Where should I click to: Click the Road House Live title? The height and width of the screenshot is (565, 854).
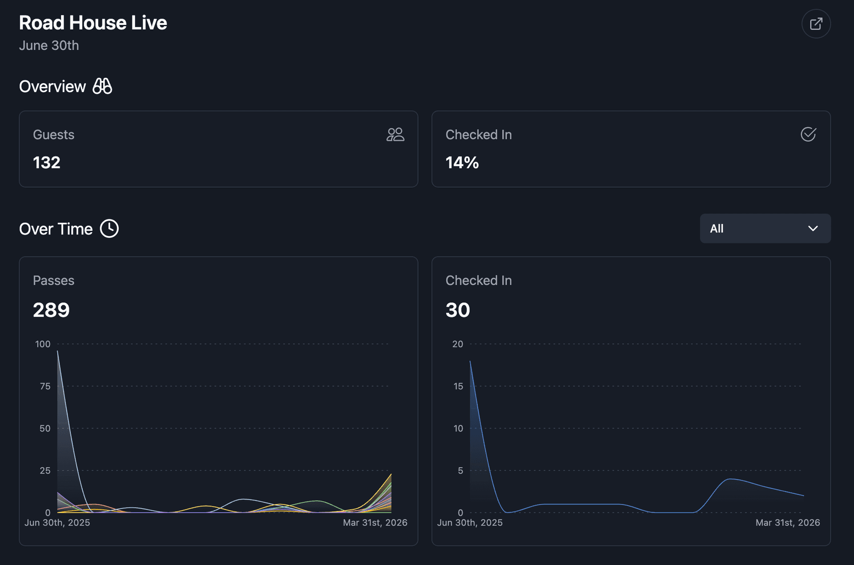click(93, 23)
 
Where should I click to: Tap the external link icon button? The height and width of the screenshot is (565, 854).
click(816, 24)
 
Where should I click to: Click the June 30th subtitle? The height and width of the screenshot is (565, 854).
click(49, 45)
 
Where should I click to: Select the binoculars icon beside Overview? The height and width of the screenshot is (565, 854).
click(102, 86)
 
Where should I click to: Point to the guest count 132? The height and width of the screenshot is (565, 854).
click(47, 162)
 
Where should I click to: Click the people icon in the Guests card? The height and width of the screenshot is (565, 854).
click(395, 134)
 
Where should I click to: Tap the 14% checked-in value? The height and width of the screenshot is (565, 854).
click(462, 162)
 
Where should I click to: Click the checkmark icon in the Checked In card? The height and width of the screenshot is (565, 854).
click(808, 134)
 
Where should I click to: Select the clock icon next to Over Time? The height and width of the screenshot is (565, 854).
click(109, 229)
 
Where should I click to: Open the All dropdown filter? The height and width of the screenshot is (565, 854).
click(765, 229)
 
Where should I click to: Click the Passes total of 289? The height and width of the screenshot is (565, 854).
click(51, 310)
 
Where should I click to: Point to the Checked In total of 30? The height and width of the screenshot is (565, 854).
click(458, 310)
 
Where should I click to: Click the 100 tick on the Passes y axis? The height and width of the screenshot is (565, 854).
click(43, 344)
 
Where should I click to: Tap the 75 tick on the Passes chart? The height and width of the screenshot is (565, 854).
click(45, 386)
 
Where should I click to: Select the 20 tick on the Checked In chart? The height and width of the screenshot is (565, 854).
click(458, 344)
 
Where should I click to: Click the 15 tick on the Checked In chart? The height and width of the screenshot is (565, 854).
click(458, 386)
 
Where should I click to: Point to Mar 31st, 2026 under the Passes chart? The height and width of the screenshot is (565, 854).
click(375, 523)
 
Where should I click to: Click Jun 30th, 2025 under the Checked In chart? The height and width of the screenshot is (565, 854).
click(470, 523)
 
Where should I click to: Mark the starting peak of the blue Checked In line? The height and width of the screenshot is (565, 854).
click(471, 362)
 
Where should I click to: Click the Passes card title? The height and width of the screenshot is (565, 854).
click(53, 280)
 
